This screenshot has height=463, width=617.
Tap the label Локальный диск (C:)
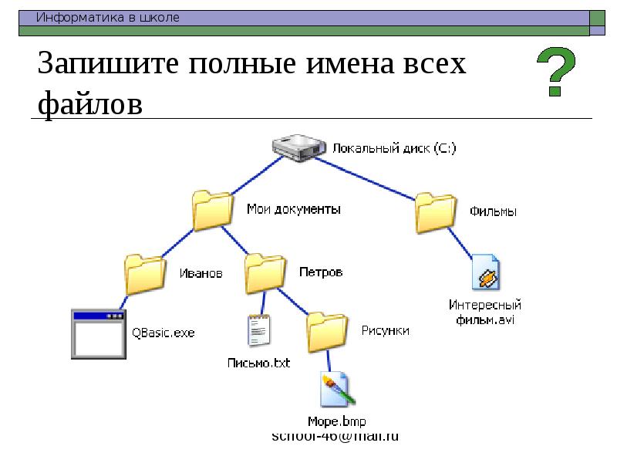pyautogui.click(x=394, y=148)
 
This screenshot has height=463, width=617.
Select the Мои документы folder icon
pyautogui.click(x=212, y=211)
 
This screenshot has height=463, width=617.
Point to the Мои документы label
pyautogui.click(x=293, y=209)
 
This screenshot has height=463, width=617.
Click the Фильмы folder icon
pyautogui.click(x=436, y=212)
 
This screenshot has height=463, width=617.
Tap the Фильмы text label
pyautogui.click(x=492, y=211)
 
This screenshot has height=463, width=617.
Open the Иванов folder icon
pyautogui.click(x=145, y=274)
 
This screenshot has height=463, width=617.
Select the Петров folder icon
pyautogui.click(x=265, y=273)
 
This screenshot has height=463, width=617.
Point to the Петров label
pyautogui.click(x=320, y=272)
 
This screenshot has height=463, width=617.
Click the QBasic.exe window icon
pyautogui.click(x=98, y=333)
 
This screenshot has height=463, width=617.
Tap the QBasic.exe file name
pyautogui.click(x=163, y=333)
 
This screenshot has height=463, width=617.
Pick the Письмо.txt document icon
pyautogui.click(x=259, y=331)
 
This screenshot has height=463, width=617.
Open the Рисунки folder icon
pyautogui.click(x=328, y=330)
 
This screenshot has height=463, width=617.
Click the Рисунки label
pyautogui.click(x=385, y=330)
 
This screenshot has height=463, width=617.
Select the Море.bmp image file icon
pyautogui.click(x=337, y=390)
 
